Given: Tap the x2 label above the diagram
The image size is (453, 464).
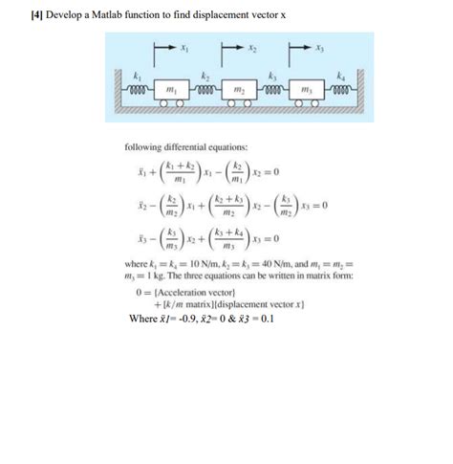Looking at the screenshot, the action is (252, 46).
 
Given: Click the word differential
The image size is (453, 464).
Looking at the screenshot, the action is (194, 147).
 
